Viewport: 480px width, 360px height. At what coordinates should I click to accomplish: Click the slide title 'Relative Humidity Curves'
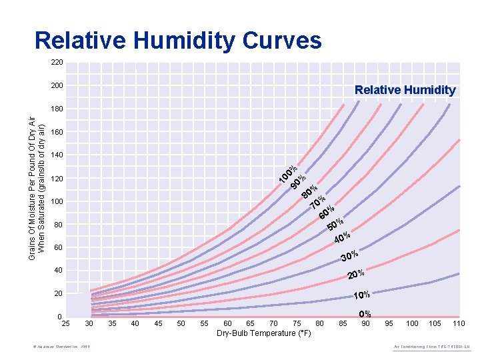[x=178, y=41]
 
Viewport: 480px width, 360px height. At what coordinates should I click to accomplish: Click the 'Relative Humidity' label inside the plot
[x=405, y=90]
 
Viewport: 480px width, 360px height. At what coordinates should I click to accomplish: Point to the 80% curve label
[x=309, y=193]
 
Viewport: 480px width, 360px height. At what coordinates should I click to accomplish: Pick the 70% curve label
[x=318, y=203]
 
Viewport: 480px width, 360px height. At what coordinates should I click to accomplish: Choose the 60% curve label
[x=327, y=213]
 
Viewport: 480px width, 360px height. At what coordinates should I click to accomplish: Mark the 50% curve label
[x=335, y=225]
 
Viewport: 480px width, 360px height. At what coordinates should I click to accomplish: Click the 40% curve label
[x=342, y=237]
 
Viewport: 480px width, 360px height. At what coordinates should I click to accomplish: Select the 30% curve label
[x=349, y=257]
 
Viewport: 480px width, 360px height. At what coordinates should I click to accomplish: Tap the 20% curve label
[x=355, y=275]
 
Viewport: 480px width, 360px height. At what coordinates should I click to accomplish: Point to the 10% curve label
[x=361, y=295]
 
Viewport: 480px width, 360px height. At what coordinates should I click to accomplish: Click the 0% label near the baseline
[x=365, y=314]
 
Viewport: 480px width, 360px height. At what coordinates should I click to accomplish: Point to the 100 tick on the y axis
[x=57, y=201]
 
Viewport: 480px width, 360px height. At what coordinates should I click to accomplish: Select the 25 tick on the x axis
[x=65, y=323]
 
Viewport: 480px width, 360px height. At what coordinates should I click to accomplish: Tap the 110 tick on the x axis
[x=458, y=323]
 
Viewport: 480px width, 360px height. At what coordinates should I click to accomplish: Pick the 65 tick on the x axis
[x=250, y=323]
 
